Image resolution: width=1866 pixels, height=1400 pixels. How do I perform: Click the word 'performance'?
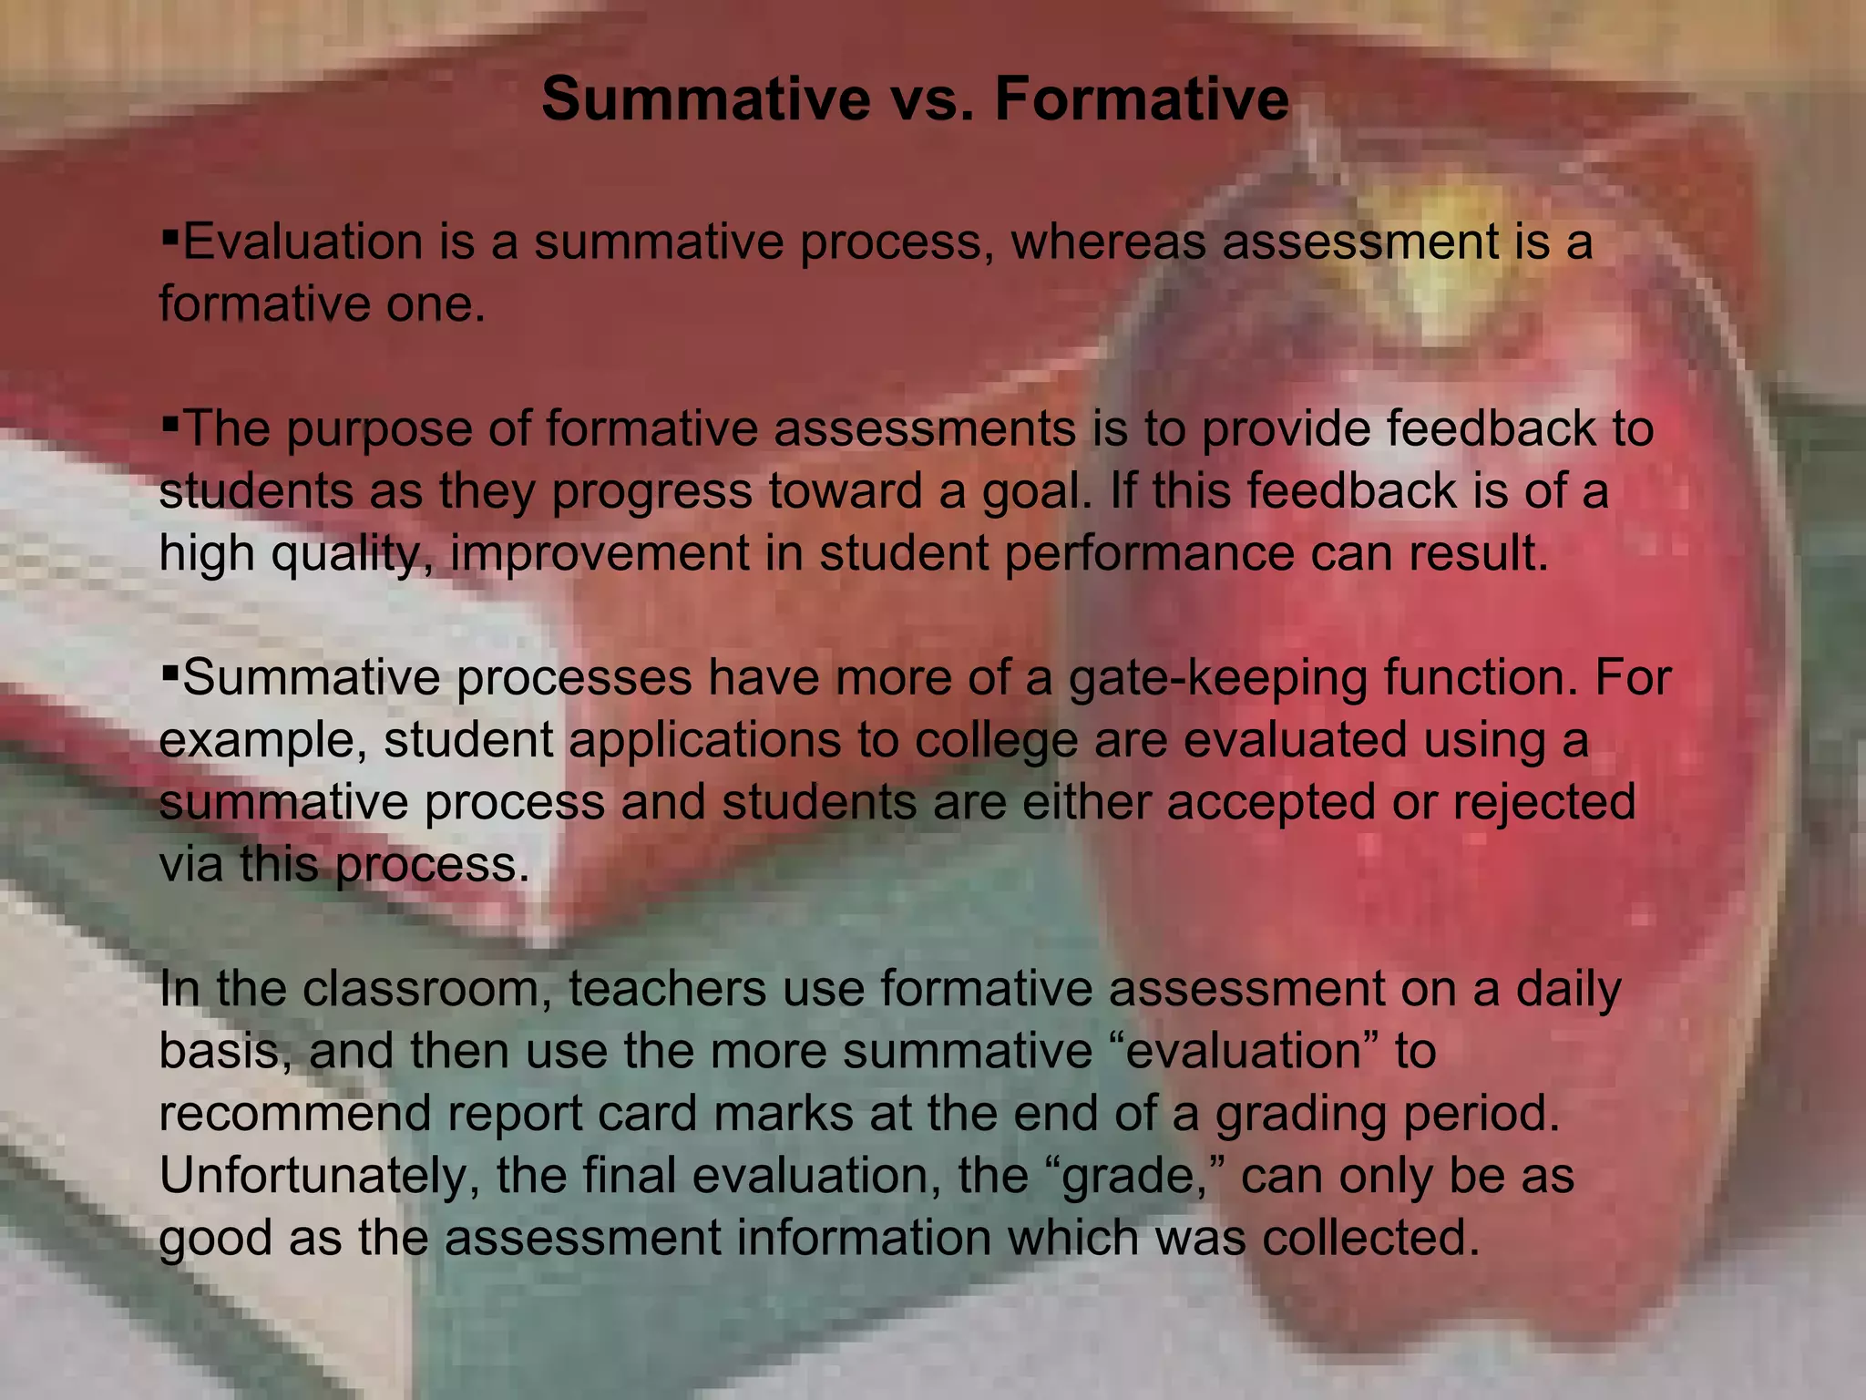pyautogui.click(x=1149, y=554)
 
